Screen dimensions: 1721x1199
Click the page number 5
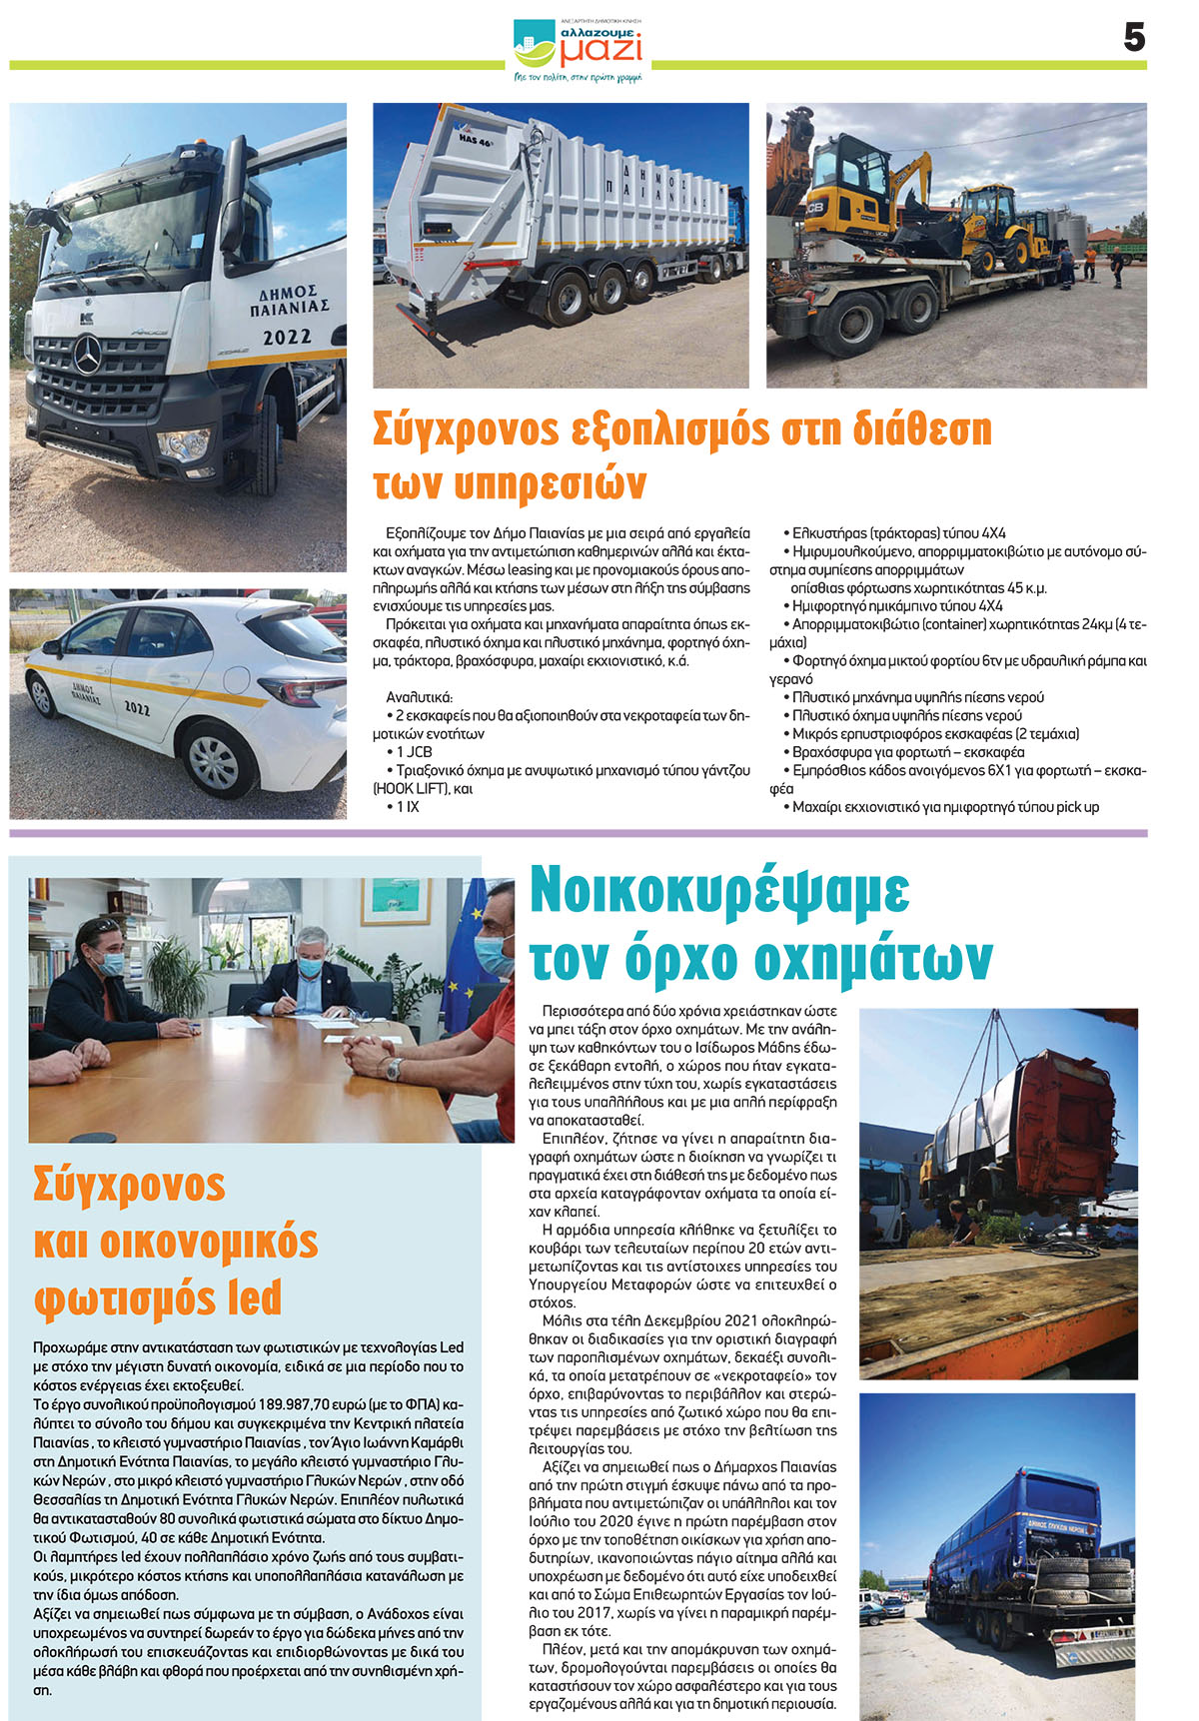click(1133, 38)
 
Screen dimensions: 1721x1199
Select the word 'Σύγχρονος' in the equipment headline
click(466, 430)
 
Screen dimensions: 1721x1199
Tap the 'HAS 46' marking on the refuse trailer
click(477, 141)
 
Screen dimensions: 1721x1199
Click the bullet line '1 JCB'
click(414, 752)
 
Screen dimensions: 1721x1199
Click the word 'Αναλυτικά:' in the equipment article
click(419, 697)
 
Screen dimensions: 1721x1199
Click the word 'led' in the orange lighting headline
click(254, 1297)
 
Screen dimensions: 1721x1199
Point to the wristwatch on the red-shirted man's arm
click(394, 1069)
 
